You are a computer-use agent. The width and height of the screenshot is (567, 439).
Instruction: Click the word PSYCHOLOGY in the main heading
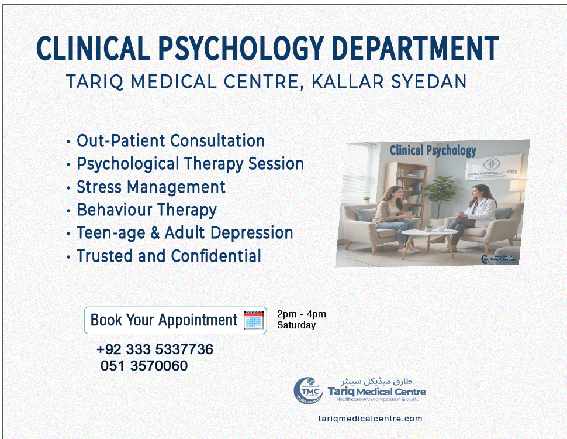[x=246, y=49]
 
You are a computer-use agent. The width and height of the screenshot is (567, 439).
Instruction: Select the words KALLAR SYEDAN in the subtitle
[x=389, y=81]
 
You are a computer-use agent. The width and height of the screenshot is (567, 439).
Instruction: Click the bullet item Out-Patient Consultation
[x=171, y=141]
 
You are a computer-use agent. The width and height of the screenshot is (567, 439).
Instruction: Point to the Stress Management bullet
[x=151, y=187]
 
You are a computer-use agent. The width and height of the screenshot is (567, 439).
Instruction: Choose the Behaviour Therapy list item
[x=147, y=210]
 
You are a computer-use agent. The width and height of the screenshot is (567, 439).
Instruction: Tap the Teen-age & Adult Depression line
[x=185, y=233]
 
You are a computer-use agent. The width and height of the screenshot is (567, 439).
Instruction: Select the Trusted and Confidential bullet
[x=169, y=256]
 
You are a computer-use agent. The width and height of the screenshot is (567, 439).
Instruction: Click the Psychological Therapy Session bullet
[x=190, y=164]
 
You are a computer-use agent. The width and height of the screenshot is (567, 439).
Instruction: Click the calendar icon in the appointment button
[x=254, y=320]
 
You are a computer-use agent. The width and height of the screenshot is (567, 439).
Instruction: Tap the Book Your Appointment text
[x=164, y=320]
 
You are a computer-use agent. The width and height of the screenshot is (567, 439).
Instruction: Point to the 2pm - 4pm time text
[x=302, y=314]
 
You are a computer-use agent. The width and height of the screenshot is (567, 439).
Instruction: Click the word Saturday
[x=296, y=325]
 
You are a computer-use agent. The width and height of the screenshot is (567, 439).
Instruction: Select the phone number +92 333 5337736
[x=155, y=349]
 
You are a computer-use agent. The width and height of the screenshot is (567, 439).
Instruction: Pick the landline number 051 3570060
[x=144, y=366]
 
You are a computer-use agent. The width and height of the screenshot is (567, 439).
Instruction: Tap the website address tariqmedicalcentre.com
[x=370, y=419]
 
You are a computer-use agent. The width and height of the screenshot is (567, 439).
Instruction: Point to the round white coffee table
[x=430, y=234]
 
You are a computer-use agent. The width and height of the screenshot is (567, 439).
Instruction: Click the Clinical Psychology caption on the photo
[x=433, y=151]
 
